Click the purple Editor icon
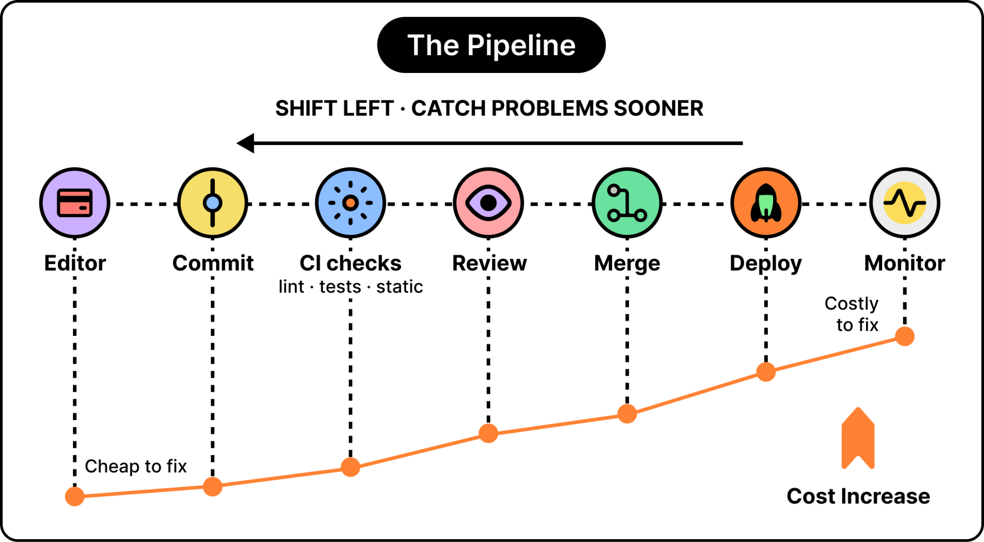[75, 203]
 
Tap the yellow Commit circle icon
[213, 203]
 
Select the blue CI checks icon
[351, 203]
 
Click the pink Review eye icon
[489, 203]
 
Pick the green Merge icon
[627, 203]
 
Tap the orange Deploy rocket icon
[766, 203]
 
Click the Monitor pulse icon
[905, 203]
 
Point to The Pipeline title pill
[492, 45]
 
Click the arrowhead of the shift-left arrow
[245, 143]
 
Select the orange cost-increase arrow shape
[858, 438]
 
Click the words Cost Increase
[858, 496]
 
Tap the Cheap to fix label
[135, 467]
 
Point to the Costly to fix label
[852, 314]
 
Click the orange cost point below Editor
[75, 496]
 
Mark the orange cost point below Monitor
[905, 336]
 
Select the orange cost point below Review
[489, 433]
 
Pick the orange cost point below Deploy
[766, 371]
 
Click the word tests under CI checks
[340, 287]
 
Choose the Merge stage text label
[627, 264]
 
